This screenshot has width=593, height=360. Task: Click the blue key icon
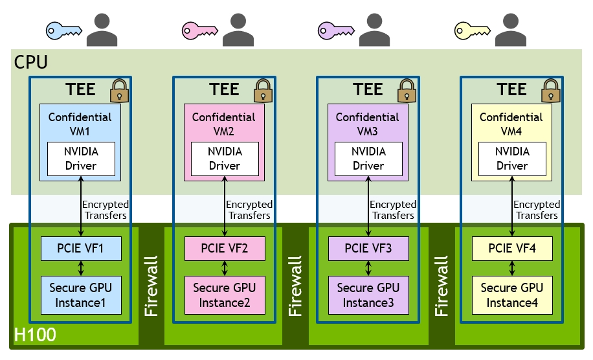pos(63,29)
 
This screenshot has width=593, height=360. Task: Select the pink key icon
pos(199,29)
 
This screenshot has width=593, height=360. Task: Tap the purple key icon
pos(335,29)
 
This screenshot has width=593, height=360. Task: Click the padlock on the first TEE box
pos(119,91)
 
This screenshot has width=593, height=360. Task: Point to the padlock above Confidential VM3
pos(407,91)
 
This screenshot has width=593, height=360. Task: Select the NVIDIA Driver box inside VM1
pos(81,159)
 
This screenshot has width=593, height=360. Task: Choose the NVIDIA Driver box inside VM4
pos(512,159)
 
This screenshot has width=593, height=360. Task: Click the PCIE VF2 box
pos(225,247)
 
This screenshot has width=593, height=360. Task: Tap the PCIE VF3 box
pos(368,247)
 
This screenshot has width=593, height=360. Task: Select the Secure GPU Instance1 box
pos(81,295)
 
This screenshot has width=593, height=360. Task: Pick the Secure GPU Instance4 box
pos(512,295)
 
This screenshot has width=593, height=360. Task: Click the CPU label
pos(30,62)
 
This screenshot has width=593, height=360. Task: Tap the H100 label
pos(35,335)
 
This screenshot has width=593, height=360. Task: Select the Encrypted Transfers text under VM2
pos(249,210)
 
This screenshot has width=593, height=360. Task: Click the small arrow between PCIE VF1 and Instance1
pos(81,267)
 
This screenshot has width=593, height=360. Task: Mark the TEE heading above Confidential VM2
pos(224,89)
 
